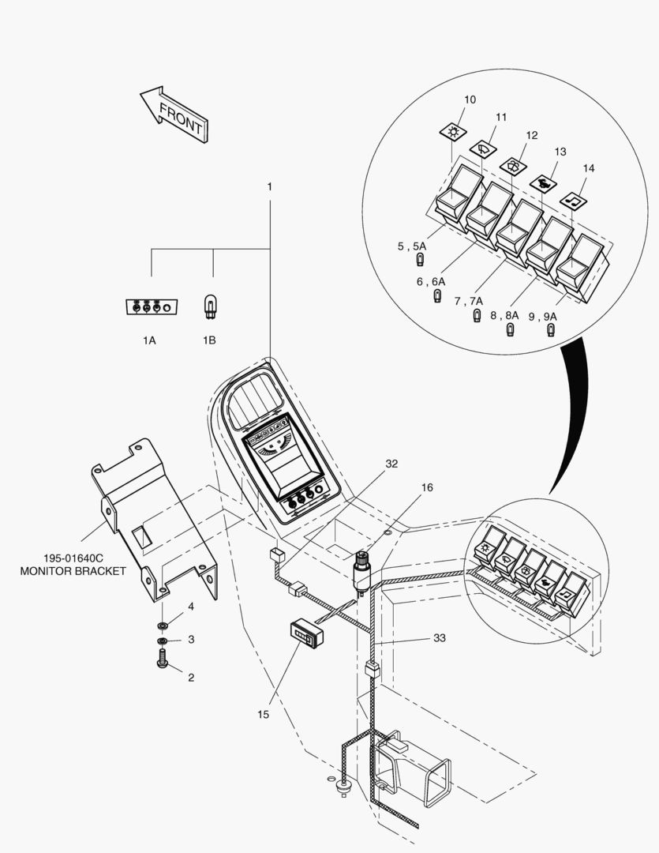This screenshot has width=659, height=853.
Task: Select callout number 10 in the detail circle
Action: (x=470, y=100)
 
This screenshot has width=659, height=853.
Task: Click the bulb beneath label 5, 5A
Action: (x=421, y=260)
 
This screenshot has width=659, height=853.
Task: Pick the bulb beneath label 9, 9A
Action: (x=550, y=330)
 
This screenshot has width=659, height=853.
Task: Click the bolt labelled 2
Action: (x=163, y=659)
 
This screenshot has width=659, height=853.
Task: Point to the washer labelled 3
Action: (x=162, y=640)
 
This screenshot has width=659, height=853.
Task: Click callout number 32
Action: (x=391, y=464)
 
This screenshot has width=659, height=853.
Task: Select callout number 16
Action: (x=426, y=488)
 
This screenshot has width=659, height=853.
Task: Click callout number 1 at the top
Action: (x=269, y=186)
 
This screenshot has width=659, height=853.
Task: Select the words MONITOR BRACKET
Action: (x=73, y=571)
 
